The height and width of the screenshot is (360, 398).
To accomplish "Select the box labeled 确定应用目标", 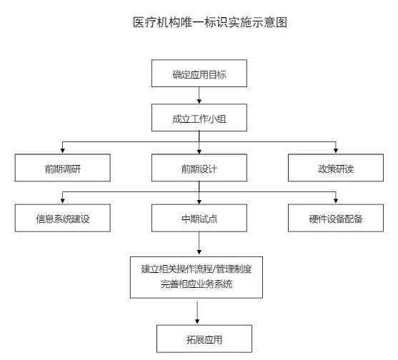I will (x=199, y=74).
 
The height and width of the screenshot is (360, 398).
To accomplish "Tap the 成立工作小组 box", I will (x=199, y=119).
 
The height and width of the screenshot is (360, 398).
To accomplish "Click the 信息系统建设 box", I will (x=63, y=219).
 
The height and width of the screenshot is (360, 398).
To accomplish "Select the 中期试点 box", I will (x=199, y=219).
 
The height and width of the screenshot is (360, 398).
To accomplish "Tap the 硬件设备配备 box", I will (x=335, y=219).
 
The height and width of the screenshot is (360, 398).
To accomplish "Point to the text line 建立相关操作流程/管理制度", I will (x=199, y=270).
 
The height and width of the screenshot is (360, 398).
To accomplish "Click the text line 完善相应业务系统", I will (x=199, y=286).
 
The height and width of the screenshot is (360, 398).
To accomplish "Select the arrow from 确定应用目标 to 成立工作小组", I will (x=199, y=96).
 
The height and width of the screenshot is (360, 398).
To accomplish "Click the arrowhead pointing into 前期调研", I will (x=63, y=151).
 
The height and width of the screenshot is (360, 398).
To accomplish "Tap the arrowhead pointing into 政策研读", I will (x=335, y=151).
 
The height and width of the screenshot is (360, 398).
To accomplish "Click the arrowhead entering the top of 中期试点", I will (x=199, y=201).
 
